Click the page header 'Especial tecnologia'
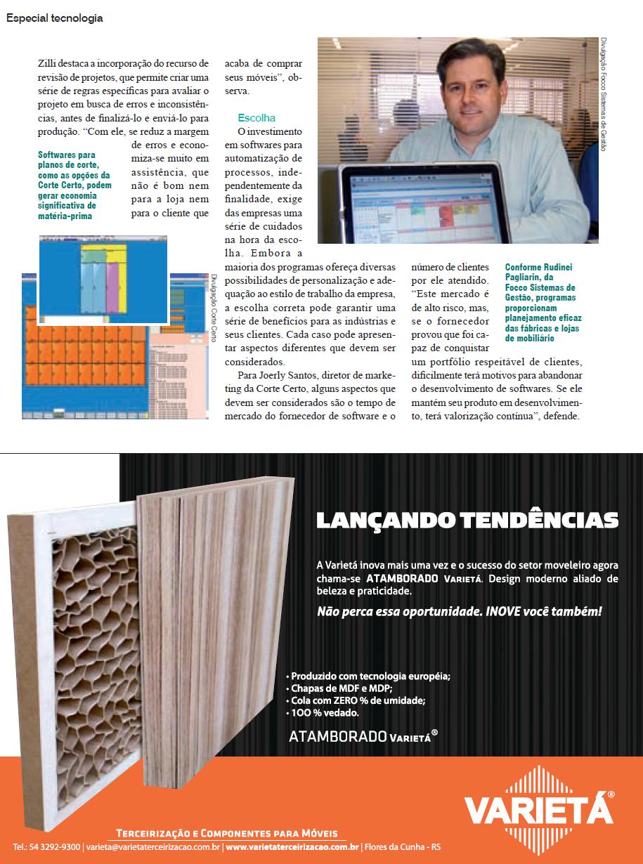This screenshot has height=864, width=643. point(55,19)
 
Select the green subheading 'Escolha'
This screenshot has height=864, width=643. point(256,118)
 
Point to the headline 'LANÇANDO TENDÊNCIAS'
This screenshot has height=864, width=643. point(467,521)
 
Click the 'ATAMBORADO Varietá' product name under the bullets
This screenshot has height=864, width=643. point(363,736)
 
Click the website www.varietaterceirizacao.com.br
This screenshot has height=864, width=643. point(293,847)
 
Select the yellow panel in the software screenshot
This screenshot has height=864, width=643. point(122,281)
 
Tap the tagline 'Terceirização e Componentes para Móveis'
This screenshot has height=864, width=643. point(226,832)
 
